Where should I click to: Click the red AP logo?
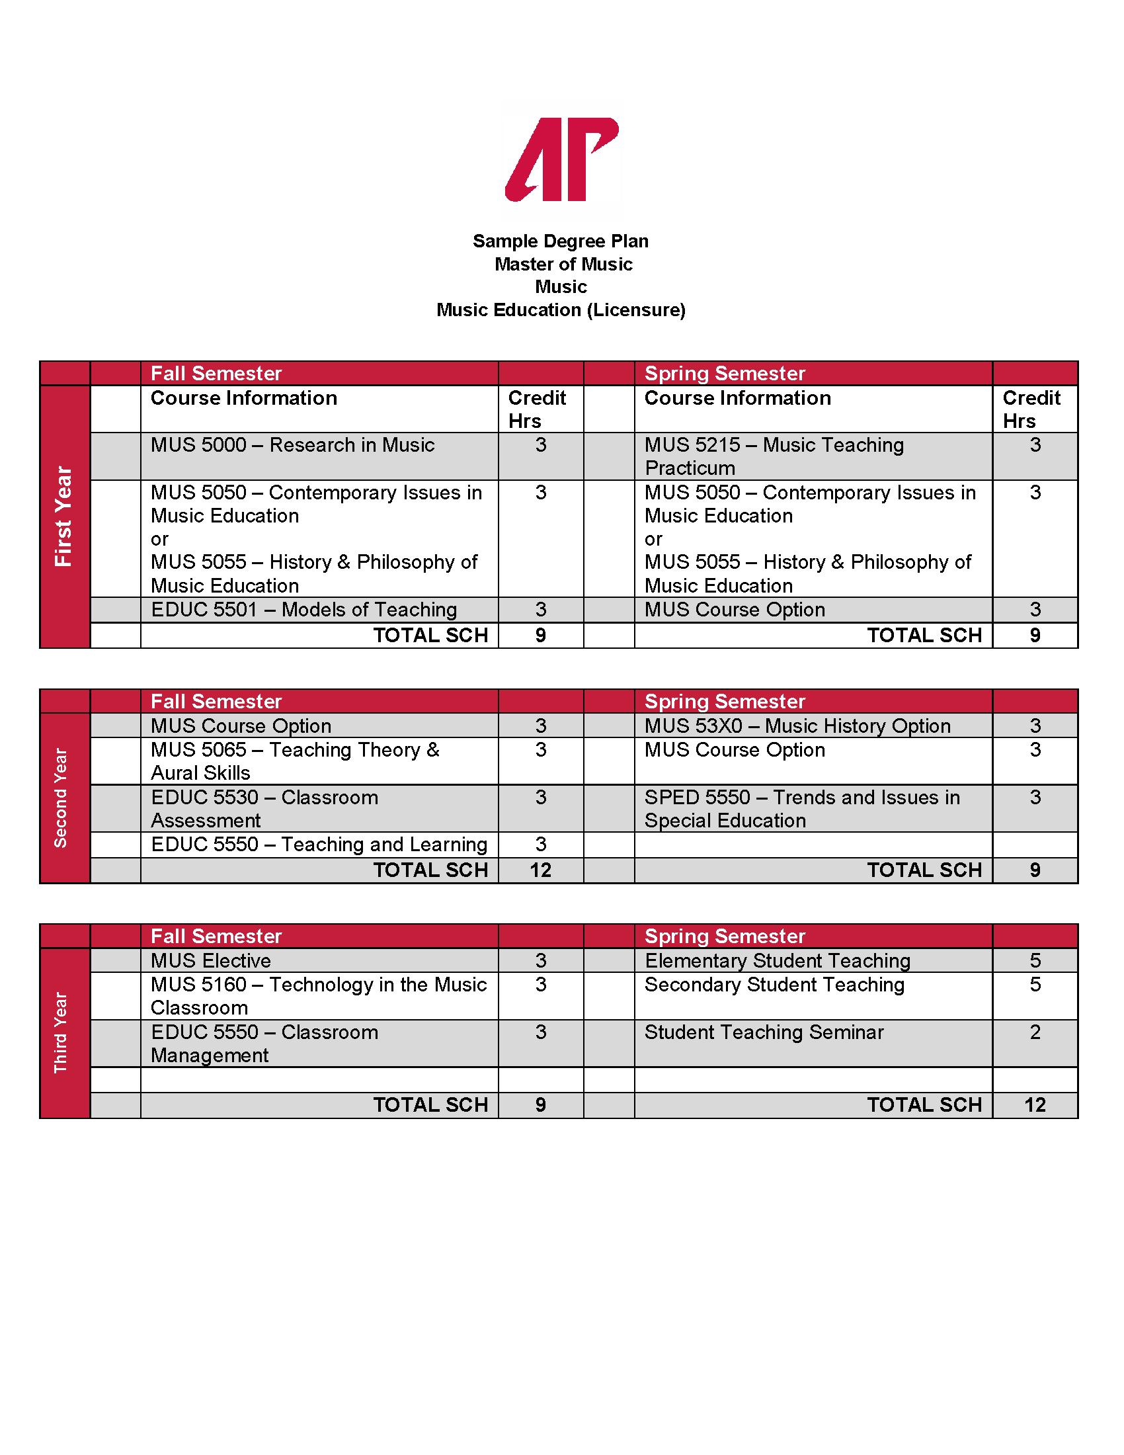561,159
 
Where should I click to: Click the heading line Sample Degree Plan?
560,241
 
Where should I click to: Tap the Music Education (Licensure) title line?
561,310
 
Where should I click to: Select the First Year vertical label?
63,517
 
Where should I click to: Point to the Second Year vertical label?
61,798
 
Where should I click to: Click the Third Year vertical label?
61,1032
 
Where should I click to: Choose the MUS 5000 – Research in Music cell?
292,445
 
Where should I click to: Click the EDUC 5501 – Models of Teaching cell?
303,610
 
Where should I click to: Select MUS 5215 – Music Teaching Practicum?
774,456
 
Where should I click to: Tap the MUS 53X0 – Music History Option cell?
797,726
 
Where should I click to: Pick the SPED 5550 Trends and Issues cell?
802,808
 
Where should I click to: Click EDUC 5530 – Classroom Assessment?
264,808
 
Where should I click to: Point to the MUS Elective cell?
211,960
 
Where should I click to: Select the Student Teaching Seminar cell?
764,1032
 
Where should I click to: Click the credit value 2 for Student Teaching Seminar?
1035,1032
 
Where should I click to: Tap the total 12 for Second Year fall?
540,870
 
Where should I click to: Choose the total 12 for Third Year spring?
1035,1104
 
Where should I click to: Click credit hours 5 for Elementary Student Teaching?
1035,960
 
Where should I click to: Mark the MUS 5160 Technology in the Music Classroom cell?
318,995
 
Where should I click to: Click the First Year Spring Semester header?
725,373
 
